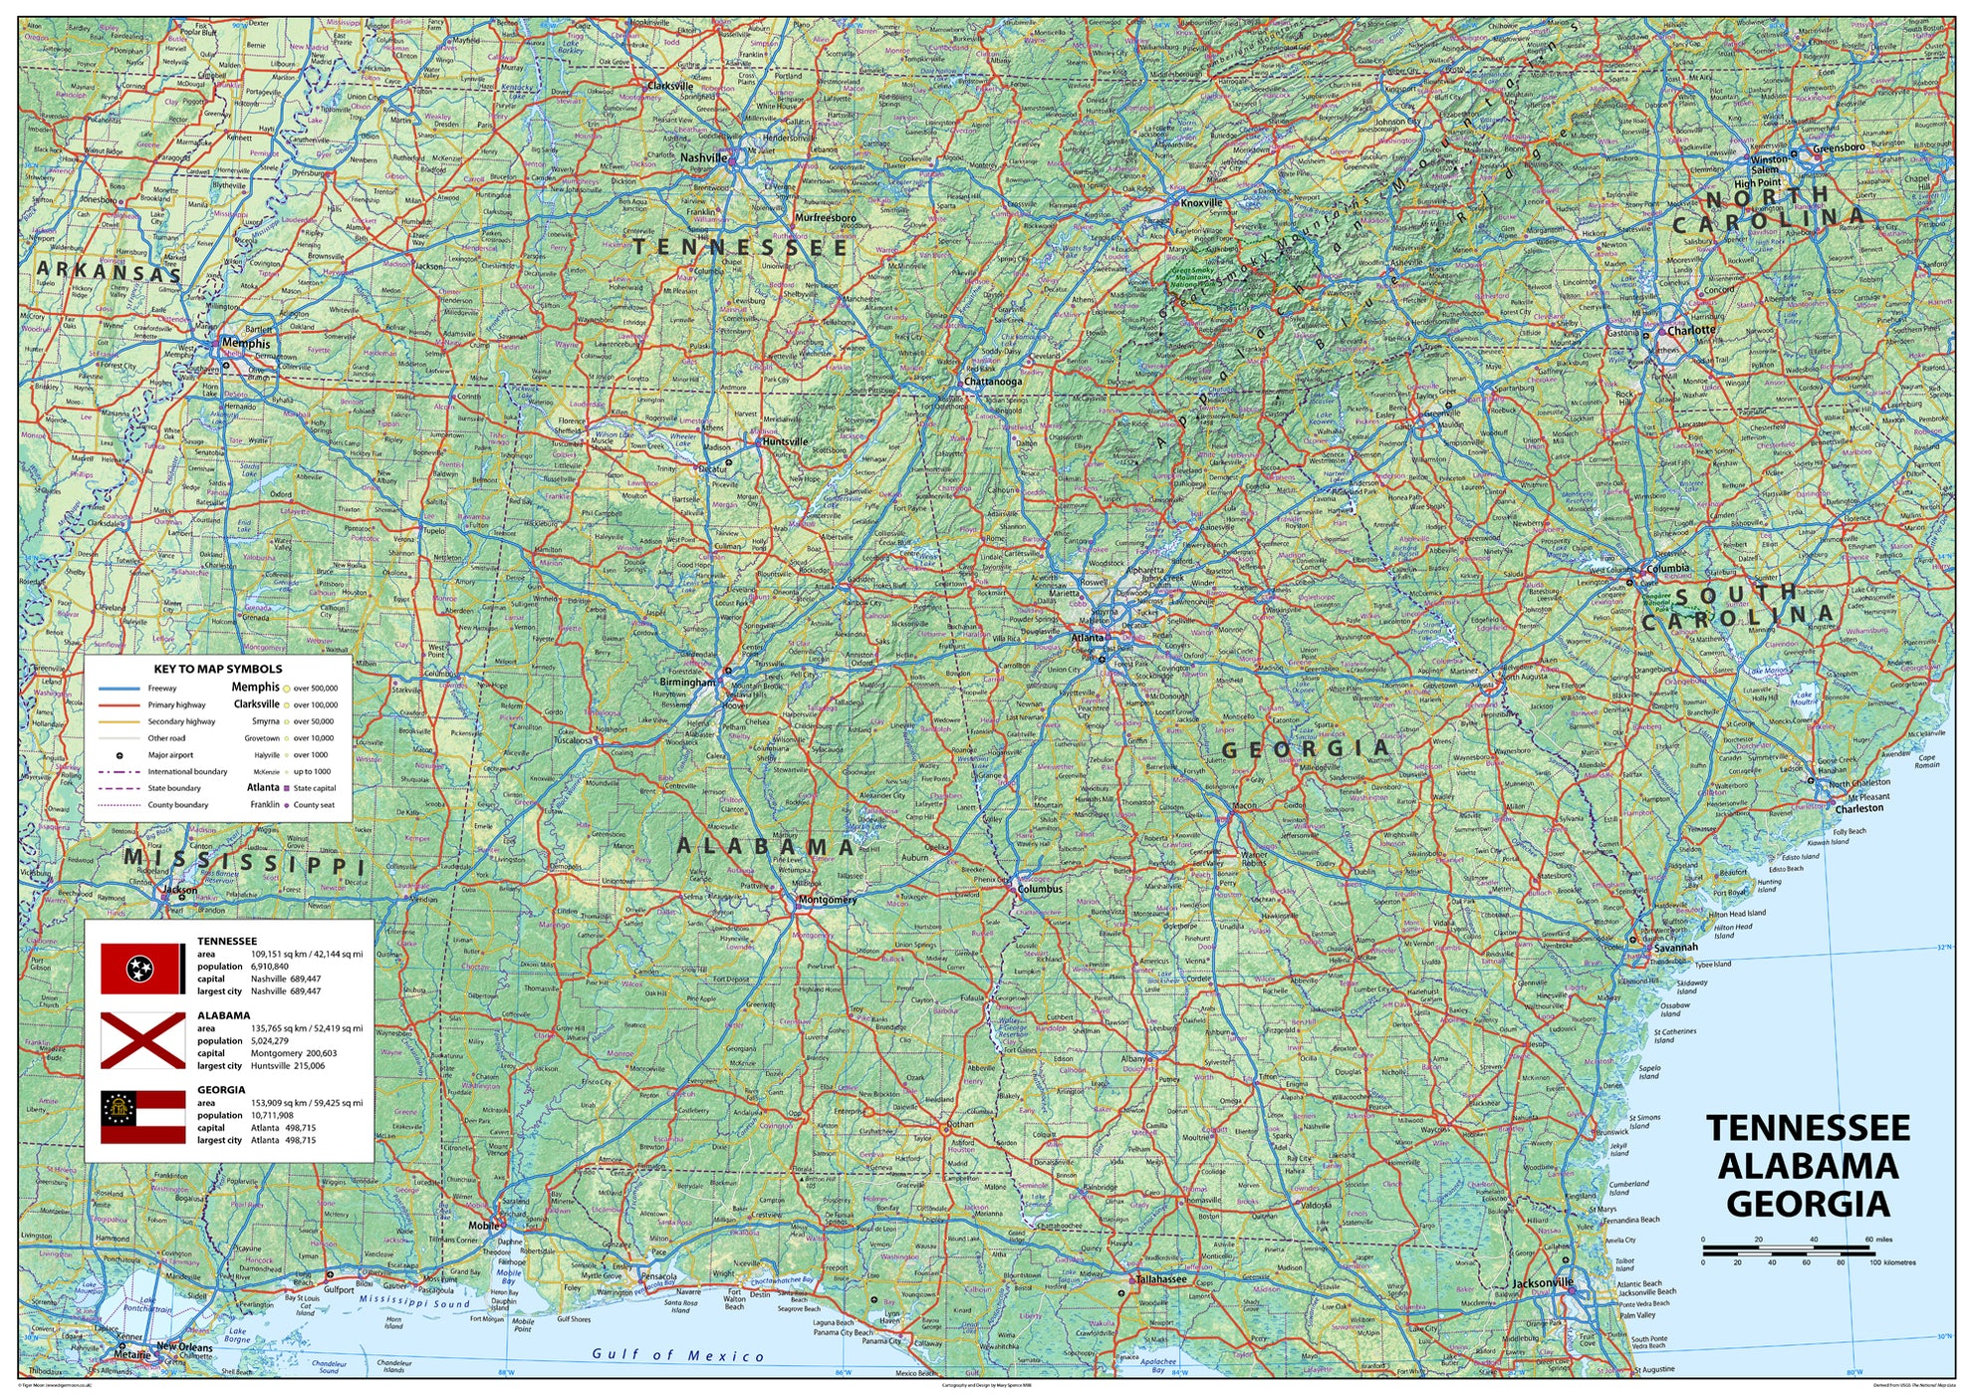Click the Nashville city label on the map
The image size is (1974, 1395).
(x=703, y=157)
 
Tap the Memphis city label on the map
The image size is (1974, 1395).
(x=245, y=344)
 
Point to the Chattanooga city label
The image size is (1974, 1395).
(x=993, y=382)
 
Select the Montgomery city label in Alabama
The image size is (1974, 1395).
(x=828, y=900)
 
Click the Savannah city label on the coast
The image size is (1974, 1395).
(x=1674, y=948)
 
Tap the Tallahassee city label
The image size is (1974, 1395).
(x=1161, y=1278)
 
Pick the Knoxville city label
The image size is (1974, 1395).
(x=1201, y=203)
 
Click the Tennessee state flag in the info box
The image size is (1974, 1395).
(x=142, y=968)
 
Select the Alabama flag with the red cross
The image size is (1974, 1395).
(x=142, y=1040)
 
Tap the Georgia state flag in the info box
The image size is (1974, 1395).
(x=142, y=1116)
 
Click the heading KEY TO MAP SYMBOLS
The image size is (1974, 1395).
(x=218, y=670)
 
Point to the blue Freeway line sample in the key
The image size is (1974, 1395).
(x=119, y=689)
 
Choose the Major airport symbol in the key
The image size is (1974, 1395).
(x=119, y=755)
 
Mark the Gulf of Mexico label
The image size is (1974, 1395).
(x=677, y=1355)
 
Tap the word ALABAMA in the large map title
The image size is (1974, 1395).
(x=1808, y=1166)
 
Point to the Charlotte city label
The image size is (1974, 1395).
(x=1691, y=330)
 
